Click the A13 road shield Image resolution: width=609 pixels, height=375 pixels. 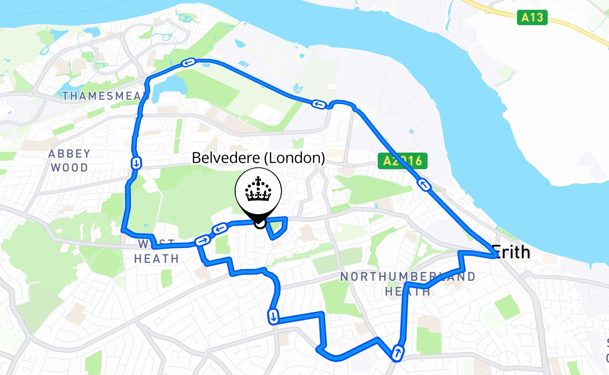pos(532,18)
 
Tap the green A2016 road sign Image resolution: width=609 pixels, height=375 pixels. pos(402,161)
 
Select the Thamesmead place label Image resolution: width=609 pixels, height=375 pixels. pos(106,96)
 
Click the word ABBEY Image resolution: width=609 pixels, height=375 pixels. pos(69,154)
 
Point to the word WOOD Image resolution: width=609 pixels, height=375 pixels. pos(69,167)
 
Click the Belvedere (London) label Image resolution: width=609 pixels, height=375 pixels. pos(258,158)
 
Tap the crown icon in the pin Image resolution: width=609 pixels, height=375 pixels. pos(258,190)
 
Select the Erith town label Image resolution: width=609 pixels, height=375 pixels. pos(512,253)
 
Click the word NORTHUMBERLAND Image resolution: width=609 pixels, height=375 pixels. pos(408,277)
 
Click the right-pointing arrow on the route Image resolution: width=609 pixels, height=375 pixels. pos(203,240)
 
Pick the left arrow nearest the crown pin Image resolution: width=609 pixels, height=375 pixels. pos(220,229)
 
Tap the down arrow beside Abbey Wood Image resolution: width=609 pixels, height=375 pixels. pos(136,163)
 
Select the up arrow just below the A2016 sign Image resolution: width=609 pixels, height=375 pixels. pos(424,185)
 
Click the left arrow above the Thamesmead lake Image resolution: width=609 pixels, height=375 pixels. pos(188,63)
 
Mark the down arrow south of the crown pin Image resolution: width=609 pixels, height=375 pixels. pos(273,316)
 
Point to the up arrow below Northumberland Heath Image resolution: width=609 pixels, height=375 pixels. pos(398,352)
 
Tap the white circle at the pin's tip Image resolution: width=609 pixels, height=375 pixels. pos(260,224)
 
